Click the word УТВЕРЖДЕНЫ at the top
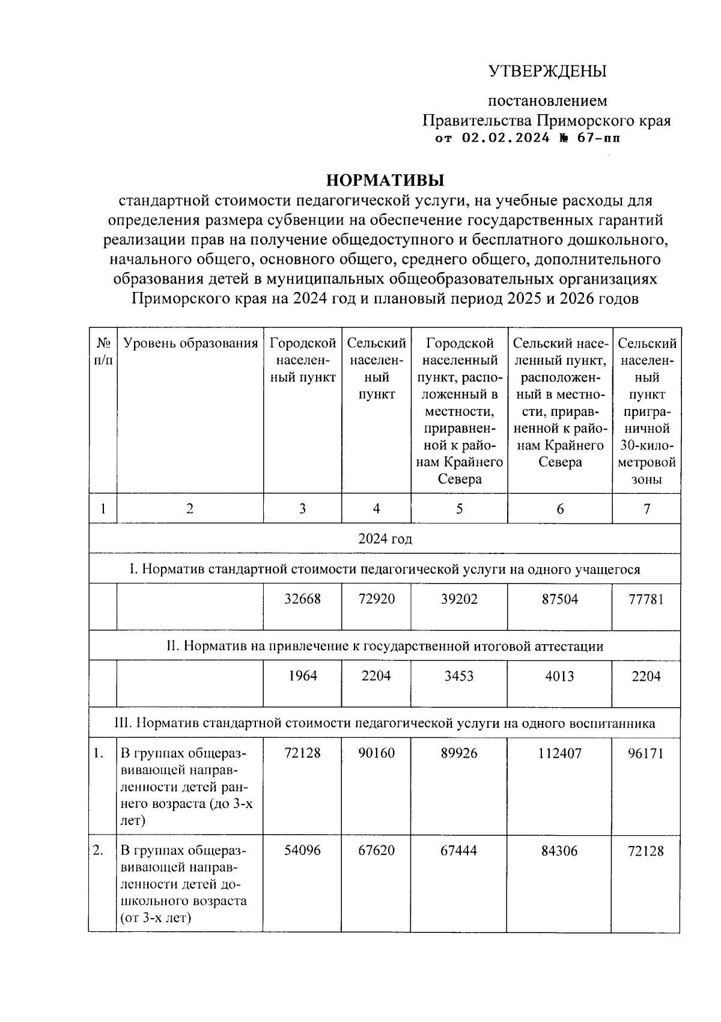coord(547,71)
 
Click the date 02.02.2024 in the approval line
coord(505,138)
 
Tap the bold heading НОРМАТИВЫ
coord(385,180)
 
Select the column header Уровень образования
coord(190,343)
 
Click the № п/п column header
coord(103,351)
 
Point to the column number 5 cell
coord(459,509)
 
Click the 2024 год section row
coord(385,538)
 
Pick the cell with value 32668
coord(302,599)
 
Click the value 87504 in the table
coord(559,599)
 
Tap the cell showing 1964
coord(302,676)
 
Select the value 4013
coord(559,676)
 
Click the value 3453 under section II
coord(459,676)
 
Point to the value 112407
coord(559,753)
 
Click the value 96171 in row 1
coord(646,753)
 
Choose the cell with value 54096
coord(302,851)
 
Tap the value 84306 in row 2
coord(559,851)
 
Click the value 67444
coord(459,851)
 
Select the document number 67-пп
coord(598,138)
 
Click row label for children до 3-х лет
coord(187,786)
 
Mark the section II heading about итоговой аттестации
coord(385,646)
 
